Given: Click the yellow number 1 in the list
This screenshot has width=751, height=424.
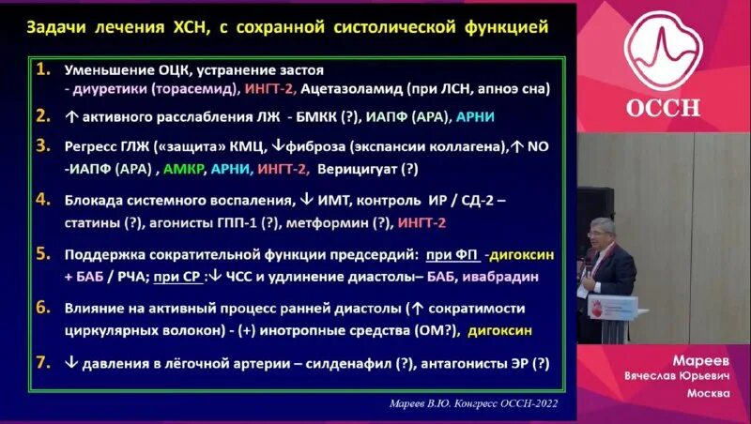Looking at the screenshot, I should coord(42,70).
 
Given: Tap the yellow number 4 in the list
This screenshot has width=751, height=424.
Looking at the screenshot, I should coord(42,199).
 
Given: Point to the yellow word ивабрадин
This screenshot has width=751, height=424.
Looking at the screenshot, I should coord(521,278).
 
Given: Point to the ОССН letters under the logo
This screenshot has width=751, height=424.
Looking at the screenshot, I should coord(663,106).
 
